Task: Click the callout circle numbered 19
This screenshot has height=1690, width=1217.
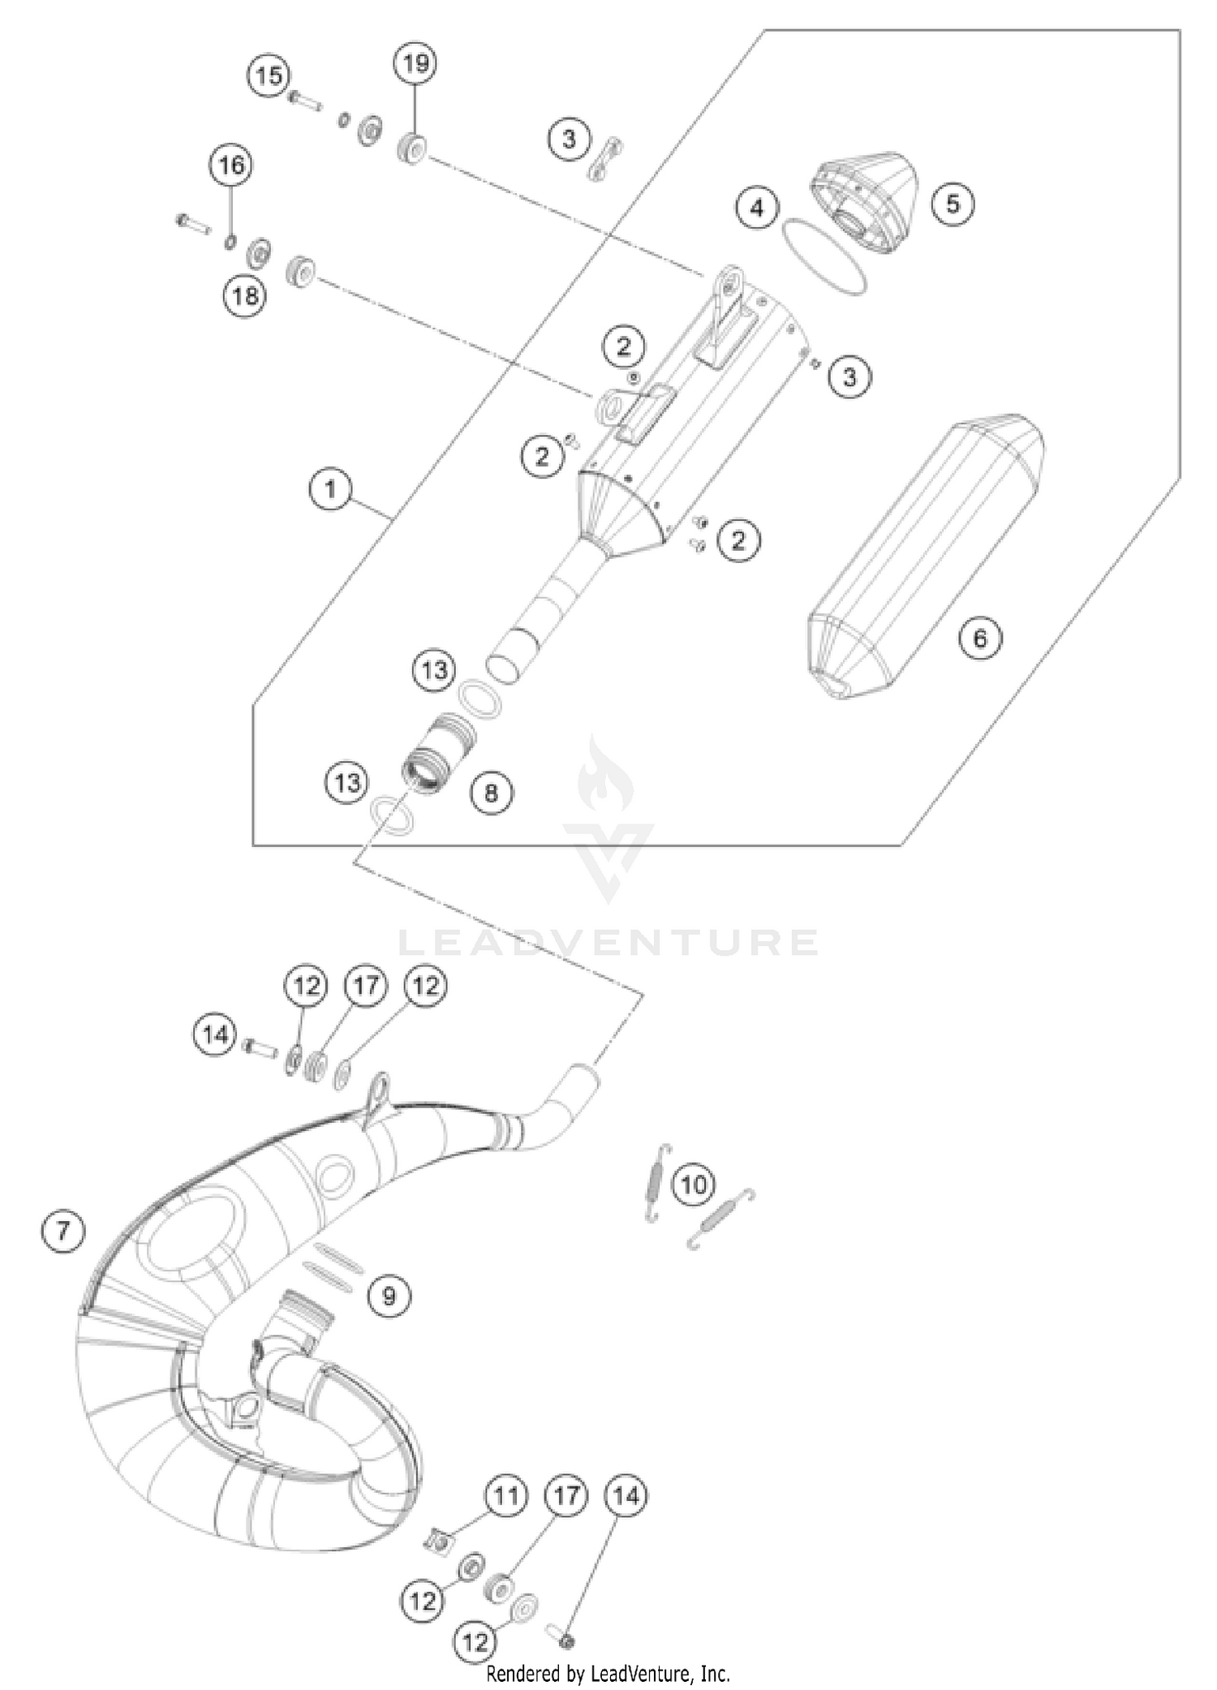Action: click(415, 63)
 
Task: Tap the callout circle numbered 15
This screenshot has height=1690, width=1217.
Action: click(269, 76)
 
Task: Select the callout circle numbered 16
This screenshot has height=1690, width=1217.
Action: click(231, 166)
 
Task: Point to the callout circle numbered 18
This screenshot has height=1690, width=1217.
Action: click(244, 296)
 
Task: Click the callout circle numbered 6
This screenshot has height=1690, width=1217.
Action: click(980, 639)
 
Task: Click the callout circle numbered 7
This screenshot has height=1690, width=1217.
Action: click(62, 1231)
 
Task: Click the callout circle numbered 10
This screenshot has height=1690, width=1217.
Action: click(694, 1185)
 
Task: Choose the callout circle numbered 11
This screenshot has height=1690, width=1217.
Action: click(506, 1495)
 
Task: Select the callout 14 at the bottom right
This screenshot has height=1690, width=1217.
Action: click(626, 1495)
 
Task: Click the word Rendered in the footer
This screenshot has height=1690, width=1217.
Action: click(511, 1673)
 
